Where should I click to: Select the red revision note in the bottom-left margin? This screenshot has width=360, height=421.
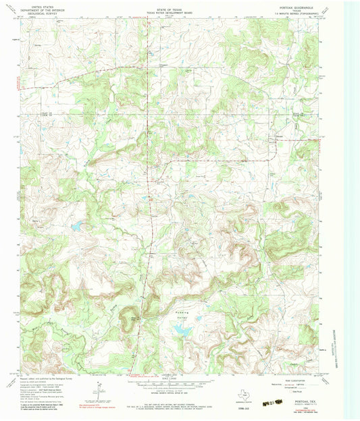tap(97, 405)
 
